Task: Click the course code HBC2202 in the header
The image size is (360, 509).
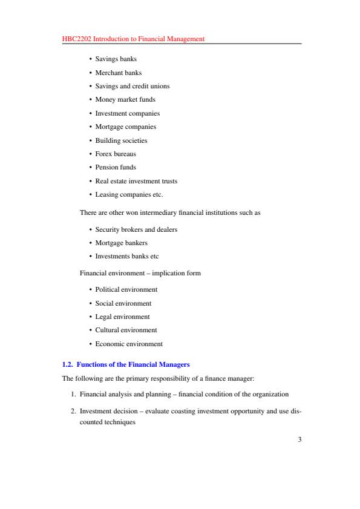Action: [76, 39]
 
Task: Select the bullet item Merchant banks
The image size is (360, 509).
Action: [119, 73]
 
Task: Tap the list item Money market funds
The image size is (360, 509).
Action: [125, 99]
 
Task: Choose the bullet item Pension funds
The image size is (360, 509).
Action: [116, 167]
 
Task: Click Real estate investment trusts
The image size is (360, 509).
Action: [136, 181]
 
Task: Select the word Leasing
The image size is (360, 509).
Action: [106, 194]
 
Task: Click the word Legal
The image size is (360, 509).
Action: [103, 317]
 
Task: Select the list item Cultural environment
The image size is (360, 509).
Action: [126, 330]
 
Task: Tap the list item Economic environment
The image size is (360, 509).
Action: [129, 344]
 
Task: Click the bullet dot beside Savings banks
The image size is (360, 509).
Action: [90, 59]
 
